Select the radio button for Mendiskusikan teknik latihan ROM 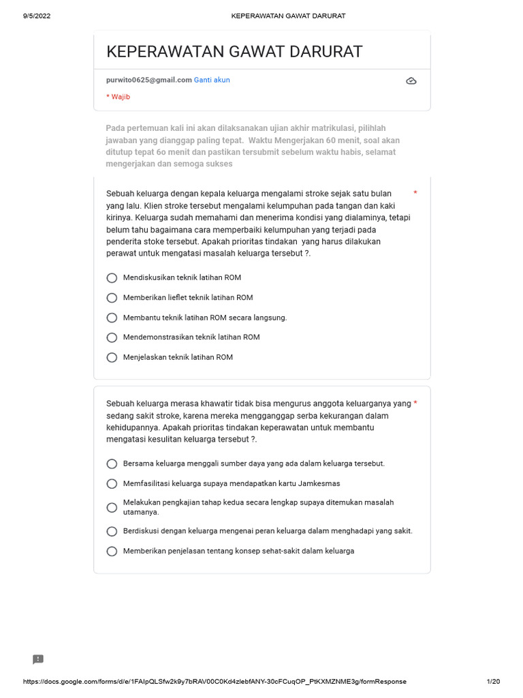[112, 278]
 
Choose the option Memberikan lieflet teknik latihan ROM [112, 298]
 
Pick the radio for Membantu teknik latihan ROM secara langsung [112, 318]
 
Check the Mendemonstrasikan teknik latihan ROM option [112, 337]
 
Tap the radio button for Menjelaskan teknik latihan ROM [112, 357]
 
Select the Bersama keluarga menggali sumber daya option [112, 464]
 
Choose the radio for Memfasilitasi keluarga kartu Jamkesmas [112, 483]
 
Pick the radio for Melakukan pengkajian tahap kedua [112, 507]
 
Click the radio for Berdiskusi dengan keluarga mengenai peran [112, 531]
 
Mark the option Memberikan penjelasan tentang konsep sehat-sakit [112, 551]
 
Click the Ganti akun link [212, 80]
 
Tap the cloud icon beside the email [411, 81]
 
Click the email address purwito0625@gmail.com [149, 80]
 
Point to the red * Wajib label [118, 97]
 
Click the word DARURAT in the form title [324, 52]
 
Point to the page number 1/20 [493, 682]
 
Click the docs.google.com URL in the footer [215, 682]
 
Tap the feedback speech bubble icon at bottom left [38, 659]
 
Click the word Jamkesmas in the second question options [319, 483]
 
